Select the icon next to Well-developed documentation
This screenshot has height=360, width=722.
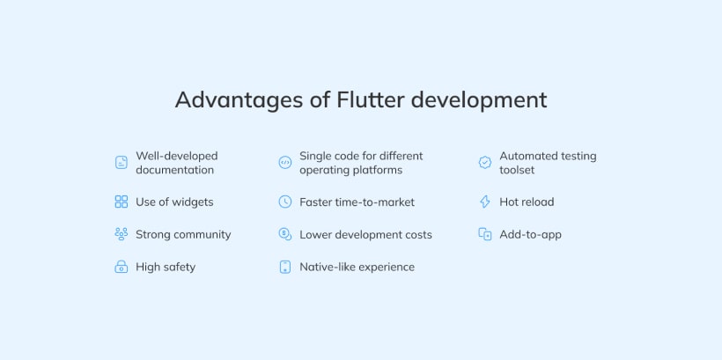122,163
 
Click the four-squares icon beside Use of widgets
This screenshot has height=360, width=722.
122,202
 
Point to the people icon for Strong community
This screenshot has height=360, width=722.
122,234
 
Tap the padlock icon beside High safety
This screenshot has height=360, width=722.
122,267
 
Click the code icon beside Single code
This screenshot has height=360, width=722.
284,163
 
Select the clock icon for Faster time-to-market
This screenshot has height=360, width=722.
284,202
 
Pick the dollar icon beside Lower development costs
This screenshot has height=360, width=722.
284,234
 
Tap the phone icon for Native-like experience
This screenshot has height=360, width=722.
284,267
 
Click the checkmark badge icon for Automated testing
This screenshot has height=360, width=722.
484,163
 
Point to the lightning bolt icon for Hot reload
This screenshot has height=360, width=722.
484,202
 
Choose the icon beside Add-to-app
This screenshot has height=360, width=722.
484,234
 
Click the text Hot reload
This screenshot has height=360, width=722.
527,202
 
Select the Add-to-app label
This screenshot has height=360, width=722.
530,234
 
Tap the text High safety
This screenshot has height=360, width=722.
166,267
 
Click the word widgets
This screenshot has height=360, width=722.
193,202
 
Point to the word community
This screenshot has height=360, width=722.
203,234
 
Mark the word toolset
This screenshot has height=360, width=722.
517,170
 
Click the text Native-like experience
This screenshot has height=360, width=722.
357,267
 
